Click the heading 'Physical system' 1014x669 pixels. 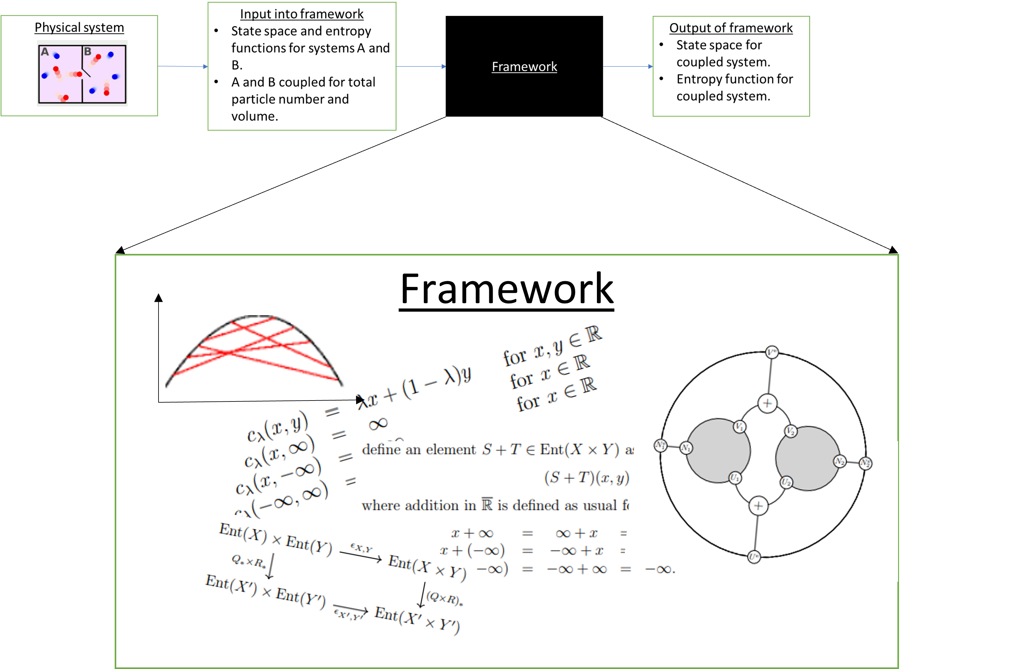click(x=79, y=28)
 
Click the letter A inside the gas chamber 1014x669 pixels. click(x=45, y=52)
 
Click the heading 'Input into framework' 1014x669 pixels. click(x=301, y=14)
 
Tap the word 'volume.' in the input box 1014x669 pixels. click(x=254, y=116)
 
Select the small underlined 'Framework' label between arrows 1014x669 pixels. click(x=524, y=67)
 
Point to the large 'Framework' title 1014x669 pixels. click(x=506, y=289)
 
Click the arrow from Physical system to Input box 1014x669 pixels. click(x=183, y=66)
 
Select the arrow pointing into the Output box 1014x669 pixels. click(x=628, y=66)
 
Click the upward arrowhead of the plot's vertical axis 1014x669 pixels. click(x=159, y=297)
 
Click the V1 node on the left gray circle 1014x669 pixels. click(x=740, y=427)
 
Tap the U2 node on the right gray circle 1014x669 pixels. click(x=786, y=482)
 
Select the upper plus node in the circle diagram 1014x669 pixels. click(x=767, y=403)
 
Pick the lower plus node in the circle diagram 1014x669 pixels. click(x=758, y=506)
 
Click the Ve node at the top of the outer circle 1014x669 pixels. click(x=772, y=352)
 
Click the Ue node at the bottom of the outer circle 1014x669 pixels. click(x=754, y=557)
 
